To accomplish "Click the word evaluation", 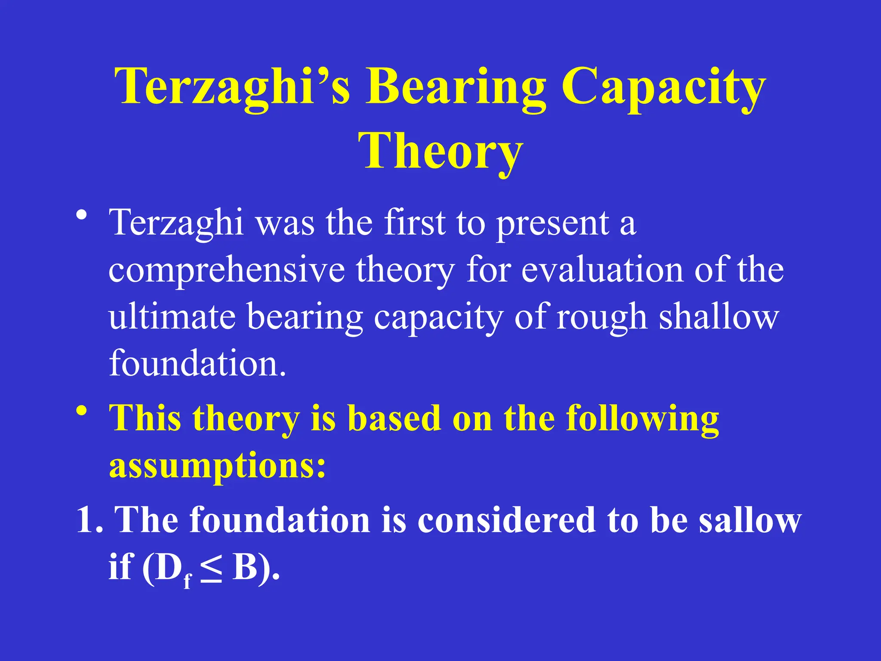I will [602, 270].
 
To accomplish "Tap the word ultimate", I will [172, 316].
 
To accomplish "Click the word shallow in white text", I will [719, 316].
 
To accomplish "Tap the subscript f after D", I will [187, 581].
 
